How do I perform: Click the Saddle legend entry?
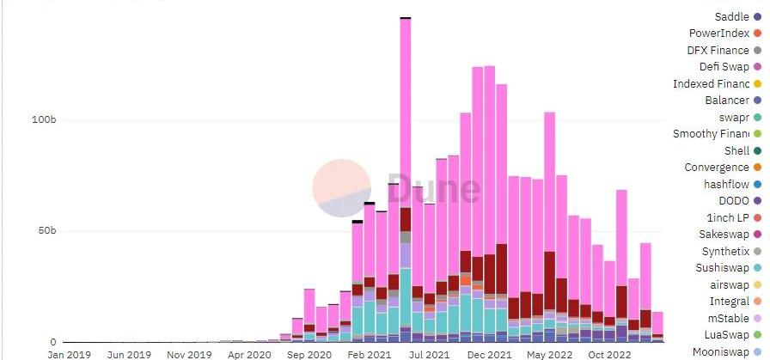[731, 17]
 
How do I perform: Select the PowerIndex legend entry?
[719, 34]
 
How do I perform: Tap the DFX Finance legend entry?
[718, 51]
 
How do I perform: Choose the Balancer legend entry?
[726, 101]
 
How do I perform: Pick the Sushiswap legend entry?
[723, 268]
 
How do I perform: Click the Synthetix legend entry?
[725, 251]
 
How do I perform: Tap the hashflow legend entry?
[726, 184]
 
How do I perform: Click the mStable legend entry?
[730, 318]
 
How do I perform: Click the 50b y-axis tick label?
[44, 231]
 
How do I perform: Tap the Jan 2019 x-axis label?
[70, 353]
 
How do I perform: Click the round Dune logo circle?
[341, 188]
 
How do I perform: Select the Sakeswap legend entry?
[725, 235]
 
